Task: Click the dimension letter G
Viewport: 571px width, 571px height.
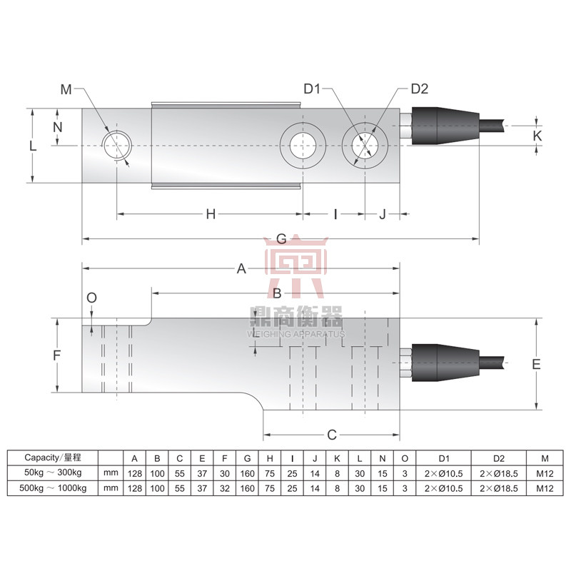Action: coord(281,238)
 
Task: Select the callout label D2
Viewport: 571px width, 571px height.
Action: coord(419,89)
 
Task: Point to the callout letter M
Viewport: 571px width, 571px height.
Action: coord(66,89)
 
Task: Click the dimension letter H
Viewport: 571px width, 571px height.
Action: coord(210,214)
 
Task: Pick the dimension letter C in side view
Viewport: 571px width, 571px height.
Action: coord(331,434)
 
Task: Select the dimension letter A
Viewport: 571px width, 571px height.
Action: coord(241,269)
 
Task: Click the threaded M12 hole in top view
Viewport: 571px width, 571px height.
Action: coord(116,145)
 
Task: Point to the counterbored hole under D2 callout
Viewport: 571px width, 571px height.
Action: coord(364,145)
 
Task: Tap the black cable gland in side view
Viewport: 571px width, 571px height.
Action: coord(435,363)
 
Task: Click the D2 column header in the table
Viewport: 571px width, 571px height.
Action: coord(498,458)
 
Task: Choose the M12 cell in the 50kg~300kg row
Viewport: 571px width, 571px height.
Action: coord(545,473)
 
